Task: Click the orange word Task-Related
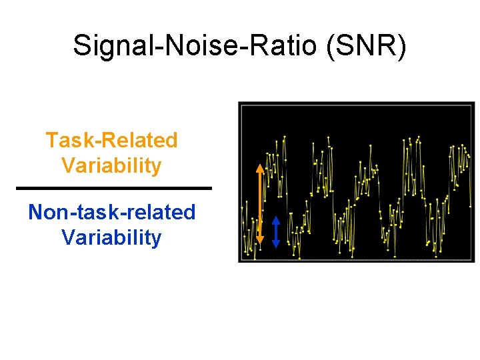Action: (111, 141)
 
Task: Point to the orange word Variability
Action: (111, 165)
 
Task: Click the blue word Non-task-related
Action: (111, 213)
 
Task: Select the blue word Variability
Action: (111, 237)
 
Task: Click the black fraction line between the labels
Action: (113, 188)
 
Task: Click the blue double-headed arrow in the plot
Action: (277, 231)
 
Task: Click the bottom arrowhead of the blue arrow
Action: (277, 245)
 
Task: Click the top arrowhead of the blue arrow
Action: (277, 219)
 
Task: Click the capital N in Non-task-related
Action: (35, 213)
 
